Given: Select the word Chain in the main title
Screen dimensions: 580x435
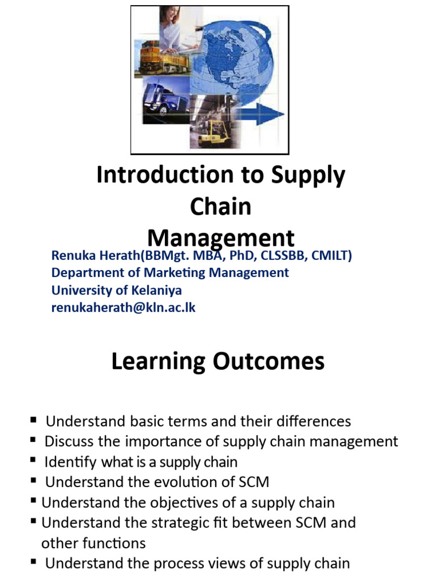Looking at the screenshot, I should (220, 207).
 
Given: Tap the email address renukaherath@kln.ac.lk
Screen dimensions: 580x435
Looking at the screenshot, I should (123, 308).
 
